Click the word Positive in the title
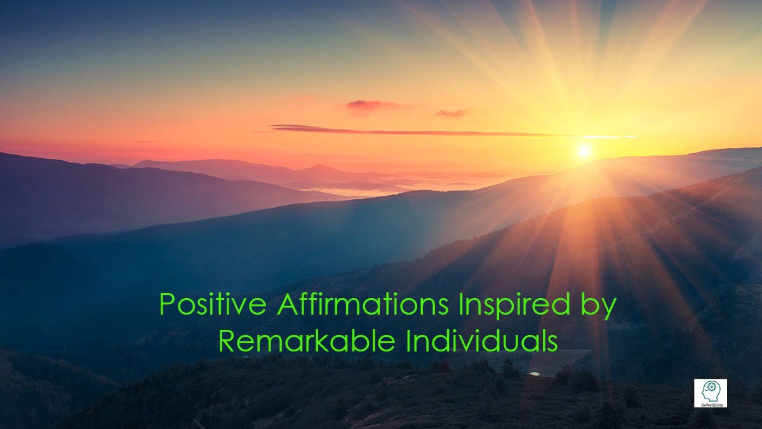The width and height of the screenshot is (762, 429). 213,304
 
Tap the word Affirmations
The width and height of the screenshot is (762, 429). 363,304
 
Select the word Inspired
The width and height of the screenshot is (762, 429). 514,306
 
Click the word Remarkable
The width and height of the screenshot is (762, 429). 307,341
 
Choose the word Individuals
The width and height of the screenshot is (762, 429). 482,341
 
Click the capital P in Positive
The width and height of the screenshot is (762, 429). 168,304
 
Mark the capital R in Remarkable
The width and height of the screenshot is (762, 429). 227,341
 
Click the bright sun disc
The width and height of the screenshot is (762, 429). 584,151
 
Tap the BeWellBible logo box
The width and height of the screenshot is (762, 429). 711,393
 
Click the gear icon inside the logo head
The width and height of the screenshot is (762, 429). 711,387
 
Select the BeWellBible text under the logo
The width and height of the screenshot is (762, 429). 711,405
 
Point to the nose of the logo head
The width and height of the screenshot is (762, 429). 702,393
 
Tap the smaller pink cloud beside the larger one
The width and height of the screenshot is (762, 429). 452,113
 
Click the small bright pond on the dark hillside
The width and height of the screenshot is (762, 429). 535,374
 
